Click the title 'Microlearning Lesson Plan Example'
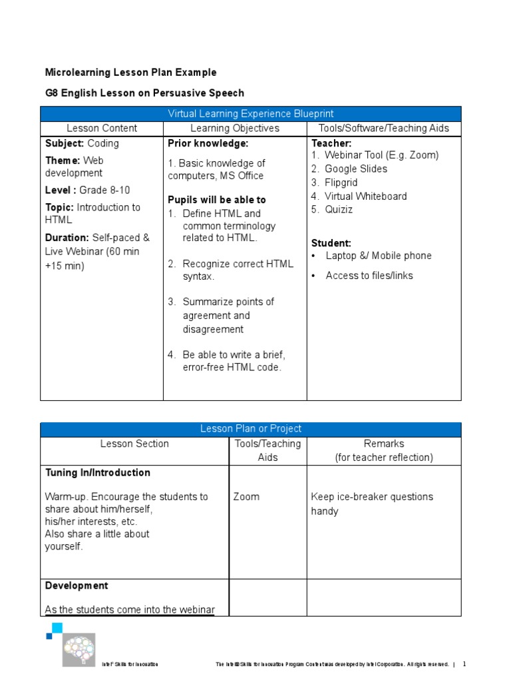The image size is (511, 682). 130,73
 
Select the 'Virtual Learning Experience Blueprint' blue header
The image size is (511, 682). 251,114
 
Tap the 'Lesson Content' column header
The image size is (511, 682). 102,128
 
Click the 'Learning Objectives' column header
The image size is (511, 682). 235,128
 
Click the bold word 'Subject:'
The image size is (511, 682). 65,143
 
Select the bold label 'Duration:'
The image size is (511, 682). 67,237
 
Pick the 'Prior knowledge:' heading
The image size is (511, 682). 208,143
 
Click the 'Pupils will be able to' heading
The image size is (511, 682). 216,200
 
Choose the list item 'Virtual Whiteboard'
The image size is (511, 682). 365,196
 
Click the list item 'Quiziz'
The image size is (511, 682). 339,210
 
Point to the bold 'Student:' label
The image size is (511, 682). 331,243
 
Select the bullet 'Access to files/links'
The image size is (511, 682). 369,275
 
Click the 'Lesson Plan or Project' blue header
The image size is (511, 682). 251,429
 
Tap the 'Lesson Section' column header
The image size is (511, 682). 134,444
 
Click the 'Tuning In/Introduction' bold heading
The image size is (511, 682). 98,473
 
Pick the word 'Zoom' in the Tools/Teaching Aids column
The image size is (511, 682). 247,497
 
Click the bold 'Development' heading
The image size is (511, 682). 77,586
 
